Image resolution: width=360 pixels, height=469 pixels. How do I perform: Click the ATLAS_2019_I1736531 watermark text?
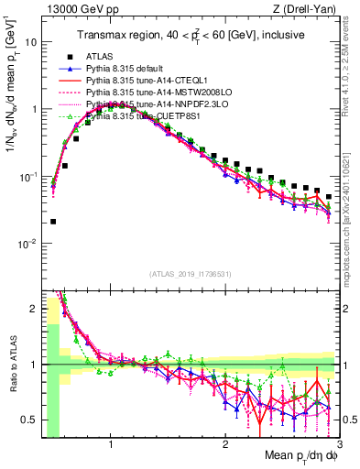coord(190,273)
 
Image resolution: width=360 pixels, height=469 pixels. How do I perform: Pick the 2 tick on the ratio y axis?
coord(33,310)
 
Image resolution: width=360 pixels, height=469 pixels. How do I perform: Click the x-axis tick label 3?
coord(339,443)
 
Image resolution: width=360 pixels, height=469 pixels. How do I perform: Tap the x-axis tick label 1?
coord(111,443)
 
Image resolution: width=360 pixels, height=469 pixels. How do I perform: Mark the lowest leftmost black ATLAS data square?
coord(53,221)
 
